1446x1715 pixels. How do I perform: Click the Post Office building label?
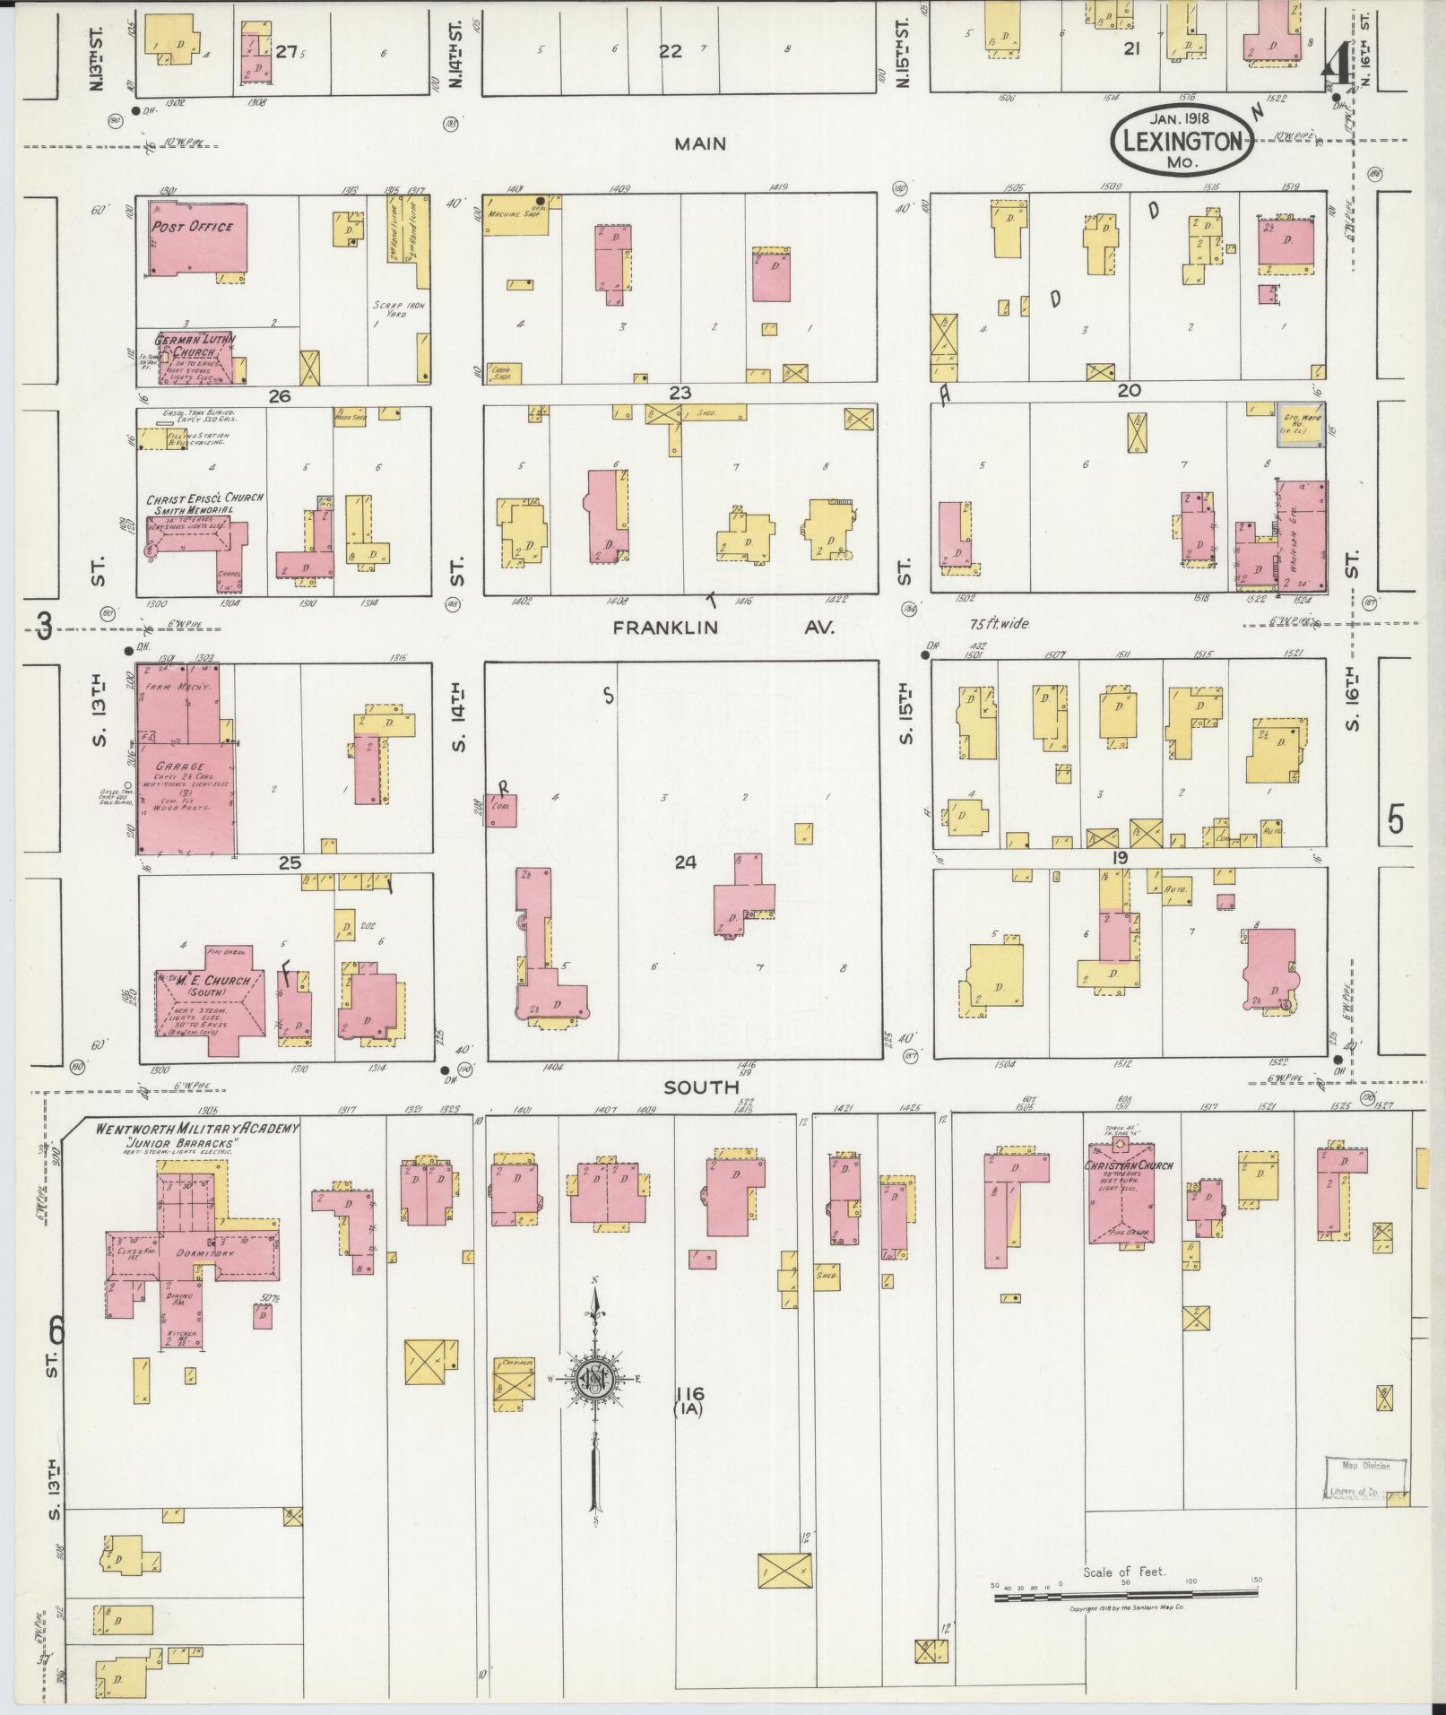(191, 228)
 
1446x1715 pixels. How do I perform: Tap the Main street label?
(701, 143)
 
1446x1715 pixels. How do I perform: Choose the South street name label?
(701, 1087)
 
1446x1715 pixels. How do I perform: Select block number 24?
(685, 862)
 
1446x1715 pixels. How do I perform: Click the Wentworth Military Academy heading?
(198, 1128)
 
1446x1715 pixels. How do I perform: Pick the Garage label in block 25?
(180, 767)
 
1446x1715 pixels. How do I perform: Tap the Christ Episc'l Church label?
(204, 498)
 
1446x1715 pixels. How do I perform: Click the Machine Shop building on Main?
(515, 216)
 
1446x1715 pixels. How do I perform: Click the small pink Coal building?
(500, 810)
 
